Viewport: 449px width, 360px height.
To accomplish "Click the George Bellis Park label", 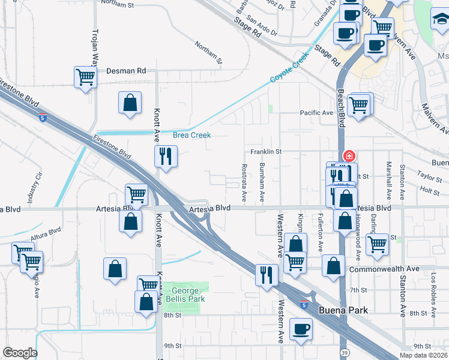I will coord(184,294).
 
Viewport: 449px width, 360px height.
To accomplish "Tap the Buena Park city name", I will coord(343,310).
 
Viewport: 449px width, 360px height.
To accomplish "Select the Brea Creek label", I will coord(192,135).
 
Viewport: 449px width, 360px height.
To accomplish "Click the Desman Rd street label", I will coord(126,71).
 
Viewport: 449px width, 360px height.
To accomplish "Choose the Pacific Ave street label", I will coord(316,113).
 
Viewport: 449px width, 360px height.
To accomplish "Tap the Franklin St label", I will coord(266,152).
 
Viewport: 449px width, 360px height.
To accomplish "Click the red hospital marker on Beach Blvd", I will coord(348,156).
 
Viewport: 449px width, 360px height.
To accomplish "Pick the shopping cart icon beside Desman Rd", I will coord(86,77).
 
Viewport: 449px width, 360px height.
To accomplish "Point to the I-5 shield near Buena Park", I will coord(305,305).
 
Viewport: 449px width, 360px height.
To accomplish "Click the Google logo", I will coord(20,353).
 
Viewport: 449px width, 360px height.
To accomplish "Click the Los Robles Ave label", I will coord(433,288).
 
